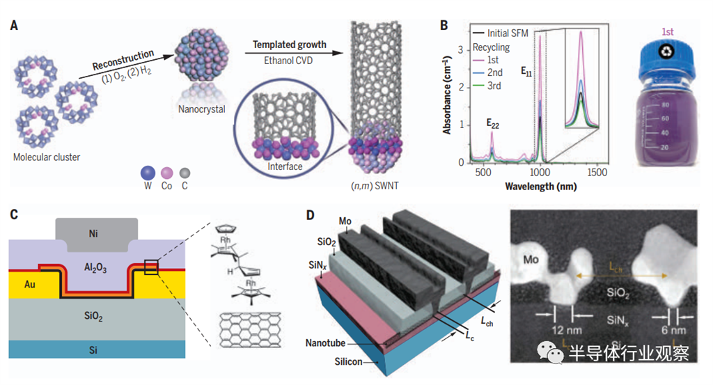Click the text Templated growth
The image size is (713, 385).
(x=289, y=45)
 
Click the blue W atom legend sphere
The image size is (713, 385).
(x=146, y=173)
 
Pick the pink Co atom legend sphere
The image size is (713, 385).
(x=166, y=173)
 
